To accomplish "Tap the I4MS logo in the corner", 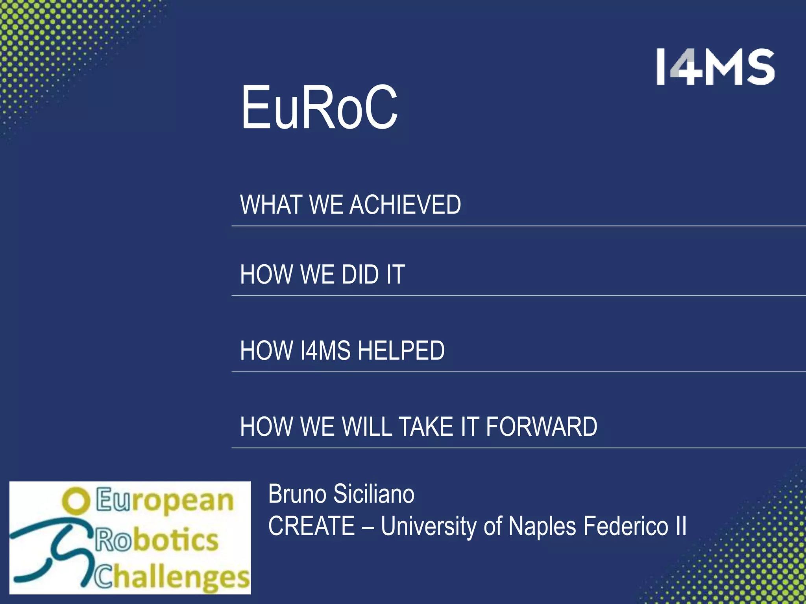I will click(715, 67).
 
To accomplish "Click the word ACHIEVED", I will click(405, 205).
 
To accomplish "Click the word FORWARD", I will click(542, 427).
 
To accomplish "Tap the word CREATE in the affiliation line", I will click(311, 526).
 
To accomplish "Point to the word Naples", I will click(542, 526).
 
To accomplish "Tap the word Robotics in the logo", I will click(157, 540).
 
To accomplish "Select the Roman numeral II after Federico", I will click(680, 526).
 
